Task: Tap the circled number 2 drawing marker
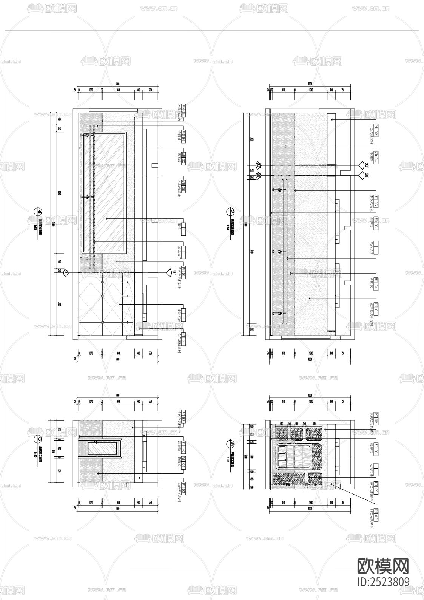pos(232,212)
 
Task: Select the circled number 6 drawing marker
pos(38,439)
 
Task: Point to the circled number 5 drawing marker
pos(232,444)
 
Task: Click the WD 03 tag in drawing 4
pos(183,158)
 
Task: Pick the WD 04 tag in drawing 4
pos(183,135)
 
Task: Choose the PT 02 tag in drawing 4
pos(183,337)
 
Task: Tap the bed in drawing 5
pos(298,457)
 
